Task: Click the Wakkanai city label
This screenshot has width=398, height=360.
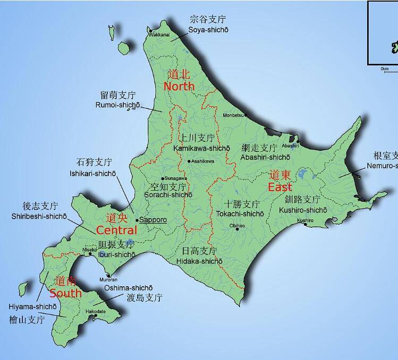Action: (159, 35)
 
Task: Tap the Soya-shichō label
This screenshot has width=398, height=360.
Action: (208, 30)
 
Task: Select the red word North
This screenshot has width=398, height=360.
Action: (179, 86)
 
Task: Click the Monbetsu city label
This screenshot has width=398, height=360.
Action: (233, 115)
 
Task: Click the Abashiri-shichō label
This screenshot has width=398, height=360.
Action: (265, 157)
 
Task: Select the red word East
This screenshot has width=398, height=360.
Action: (280, 187)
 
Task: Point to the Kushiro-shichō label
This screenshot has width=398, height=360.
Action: (303, 210)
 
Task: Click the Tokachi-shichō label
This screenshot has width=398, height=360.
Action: (240, 213)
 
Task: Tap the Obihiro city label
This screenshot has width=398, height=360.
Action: (237, 226)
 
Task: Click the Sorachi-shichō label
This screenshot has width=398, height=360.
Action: (168, 195)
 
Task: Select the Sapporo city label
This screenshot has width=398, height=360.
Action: (153, 220)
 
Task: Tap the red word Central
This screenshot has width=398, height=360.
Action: (117, 230)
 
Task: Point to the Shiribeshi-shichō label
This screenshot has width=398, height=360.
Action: (39, 216)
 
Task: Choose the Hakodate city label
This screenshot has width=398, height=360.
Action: (96, 312)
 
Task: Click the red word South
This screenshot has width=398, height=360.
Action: (66, 293)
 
